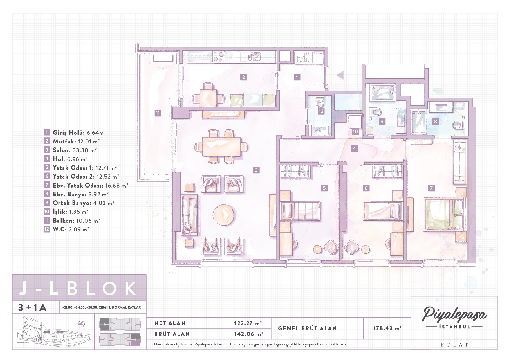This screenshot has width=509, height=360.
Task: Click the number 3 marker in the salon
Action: [x=256, y=170]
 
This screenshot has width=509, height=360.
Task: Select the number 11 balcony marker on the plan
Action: [x=158, y=113]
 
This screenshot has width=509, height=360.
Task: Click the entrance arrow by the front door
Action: [x=340, y=75]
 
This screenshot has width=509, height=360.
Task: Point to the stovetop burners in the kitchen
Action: [x=218, y=57]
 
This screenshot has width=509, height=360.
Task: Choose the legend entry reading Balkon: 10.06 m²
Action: [x=72, y=221]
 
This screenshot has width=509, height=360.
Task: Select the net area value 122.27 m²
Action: [x=248, y=323]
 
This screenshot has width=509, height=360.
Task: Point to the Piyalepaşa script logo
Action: [x=454, y=315]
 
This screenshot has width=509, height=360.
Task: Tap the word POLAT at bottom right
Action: [x=454, y=345]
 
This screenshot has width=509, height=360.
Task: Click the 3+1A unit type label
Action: [x=32, y=307]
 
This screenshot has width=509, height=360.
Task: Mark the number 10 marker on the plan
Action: [x=355, y=132]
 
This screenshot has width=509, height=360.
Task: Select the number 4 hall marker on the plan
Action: [x=354, y=148]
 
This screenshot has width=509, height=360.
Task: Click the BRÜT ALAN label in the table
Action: [x=172, y=334]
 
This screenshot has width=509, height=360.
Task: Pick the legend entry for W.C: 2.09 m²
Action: [x=66, y=229]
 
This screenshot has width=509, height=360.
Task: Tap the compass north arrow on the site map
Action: [x=82, y=324]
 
